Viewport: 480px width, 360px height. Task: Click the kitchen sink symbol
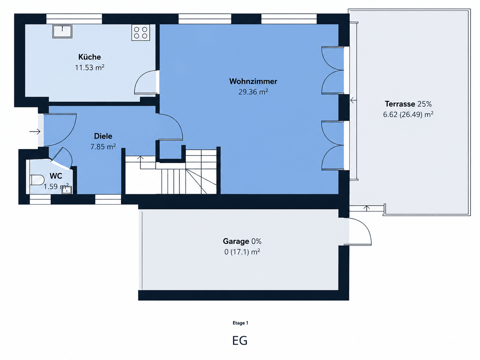tap(62, 31)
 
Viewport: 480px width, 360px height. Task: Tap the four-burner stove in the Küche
tap(141, 32)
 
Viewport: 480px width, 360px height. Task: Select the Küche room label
tap(90, 57)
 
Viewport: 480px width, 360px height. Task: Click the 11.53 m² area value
tap(90, 68)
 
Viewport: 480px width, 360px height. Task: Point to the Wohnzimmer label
tap(253, 81)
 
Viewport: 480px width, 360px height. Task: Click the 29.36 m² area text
tap(253, 92)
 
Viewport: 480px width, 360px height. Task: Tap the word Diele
tap(103, 136)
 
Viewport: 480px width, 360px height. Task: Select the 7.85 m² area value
tap(103, 147)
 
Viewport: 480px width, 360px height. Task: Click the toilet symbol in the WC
tap(37, 180)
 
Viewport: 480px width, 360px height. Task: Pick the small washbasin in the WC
tap(67, 190)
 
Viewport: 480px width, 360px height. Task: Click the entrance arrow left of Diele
tap(35, 132)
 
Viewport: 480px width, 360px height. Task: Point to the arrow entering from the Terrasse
tap(353, 100)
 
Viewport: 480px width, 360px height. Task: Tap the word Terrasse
tap(400, 104)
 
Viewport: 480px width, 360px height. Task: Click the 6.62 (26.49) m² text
tap(408, 115)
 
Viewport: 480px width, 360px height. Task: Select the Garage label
tap(236, 241)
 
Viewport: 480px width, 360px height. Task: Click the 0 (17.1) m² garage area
tap(242, 252)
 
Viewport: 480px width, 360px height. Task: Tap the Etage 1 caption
tap(240, 323)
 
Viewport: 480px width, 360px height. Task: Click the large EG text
tap(240, 340)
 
